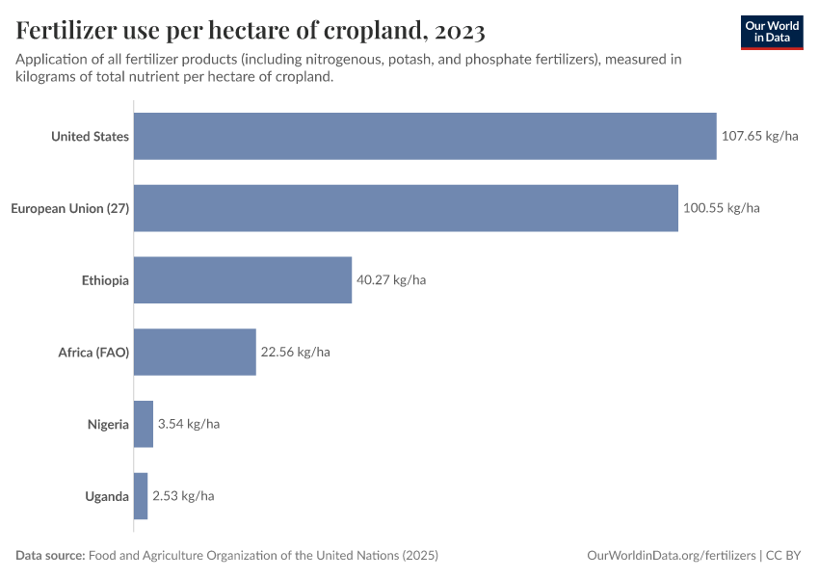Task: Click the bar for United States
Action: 424,136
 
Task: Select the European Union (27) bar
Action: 405,208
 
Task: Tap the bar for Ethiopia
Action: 242,280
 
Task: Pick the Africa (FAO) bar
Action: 195,352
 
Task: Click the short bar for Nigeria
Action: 144,424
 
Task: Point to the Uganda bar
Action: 141,496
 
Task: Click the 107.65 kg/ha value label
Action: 759,136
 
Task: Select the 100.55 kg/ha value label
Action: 721,208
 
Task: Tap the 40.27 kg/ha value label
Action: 391,280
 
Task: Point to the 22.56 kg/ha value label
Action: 295,352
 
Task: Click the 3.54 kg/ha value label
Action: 189,424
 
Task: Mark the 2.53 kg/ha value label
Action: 183,496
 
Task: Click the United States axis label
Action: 90,137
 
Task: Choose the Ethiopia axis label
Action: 105,280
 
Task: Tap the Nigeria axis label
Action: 108,424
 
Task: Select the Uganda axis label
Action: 107,496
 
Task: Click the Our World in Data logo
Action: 772,32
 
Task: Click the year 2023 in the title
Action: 460,31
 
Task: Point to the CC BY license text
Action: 784,556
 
